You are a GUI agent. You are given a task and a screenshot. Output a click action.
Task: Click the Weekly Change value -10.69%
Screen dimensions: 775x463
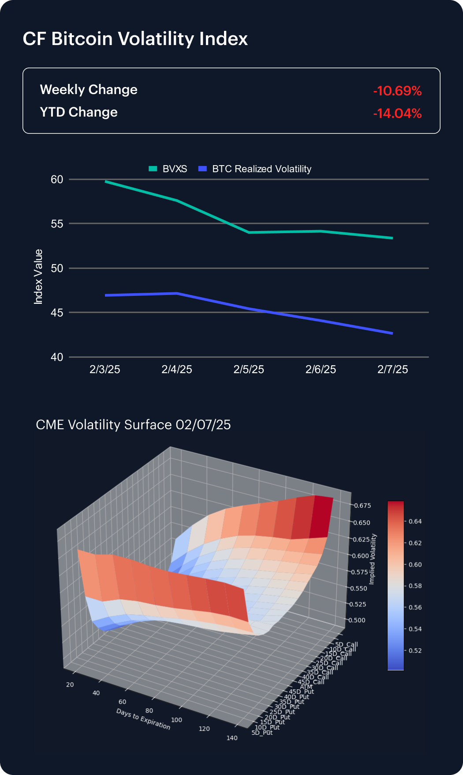click(397, 91)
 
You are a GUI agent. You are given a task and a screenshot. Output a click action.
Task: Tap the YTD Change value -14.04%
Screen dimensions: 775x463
click(397, 113)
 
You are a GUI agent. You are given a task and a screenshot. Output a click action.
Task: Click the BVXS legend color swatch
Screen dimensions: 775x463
click(153, 169)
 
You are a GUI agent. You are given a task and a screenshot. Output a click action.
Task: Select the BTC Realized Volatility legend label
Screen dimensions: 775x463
click(261, 169)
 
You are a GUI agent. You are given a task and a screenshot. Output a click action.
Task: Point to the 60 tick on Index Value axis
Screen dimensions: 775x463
click(57, 179)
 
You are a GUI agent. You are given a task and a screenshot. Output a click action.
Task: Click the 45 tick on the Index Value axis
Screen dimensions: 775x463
click(57, 313)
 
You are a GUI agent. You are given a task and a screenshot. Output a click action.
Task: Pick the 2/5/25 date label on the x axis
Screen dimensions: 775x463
click(249, 370)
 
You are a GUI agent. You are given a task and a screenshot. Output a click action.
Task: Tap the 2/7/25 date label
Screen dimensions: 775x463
click(392, 370)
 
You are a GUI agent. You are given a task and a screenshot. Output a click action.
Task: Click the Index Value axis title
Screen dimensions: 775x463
click(39, 277)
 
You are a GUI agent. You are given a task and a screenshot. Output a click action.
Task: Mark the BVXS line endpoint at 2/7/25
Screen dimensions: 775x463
click(392, 238)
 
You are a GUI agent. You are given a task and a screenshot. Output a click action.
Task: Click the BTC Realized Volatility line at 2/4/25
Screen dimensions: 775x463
click(177, 293)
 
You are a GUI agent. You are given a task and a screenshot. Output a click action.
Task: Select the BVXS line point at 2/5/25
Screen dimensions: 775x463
click(249, 232)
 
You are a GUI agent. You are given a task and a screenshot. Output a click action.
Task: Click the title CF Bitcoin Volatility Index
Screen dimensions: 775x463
click(135, 39)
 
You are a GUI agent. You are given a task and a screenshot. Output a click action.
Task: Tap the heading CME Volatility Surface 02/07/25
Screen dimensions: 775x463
click(133, 425)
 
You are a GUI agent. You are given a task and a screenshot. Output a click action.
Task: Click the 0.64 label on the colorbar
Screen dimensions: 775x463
click(415, 522)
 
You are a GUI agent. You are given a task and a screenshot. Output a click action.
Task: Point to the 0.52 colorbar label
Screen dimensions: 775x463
click(415, 650)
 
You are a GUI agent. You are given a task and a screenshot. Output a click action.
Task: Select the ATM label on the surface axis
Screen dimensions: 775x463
click(306, 687)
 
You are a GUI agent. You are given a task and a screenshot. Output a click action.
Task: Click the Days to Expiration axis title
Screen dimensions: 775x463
click(143, 719)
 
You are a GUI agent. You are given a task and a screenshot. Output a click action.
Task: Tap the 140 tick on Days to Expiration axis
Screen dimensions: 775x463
click(232, 738)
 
